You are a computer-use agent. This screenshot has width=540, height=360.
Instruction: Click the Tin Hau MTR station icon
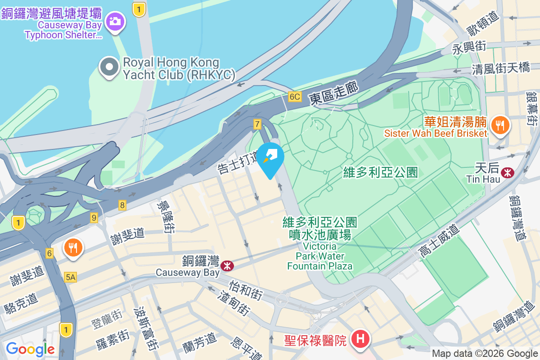pyautogui.click(x=508, y=172)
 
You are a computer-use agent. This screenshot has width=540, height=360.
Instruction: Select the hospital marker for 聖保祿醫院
pyautogui.click(x=361, y=339)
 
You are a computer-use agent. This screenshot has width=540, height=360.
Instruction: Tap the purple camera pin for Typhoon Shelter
pyautogui.click(x=115, y=21)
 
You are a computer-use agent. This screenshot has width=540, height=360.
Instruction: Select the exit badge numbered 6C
pyautogui.click(x=295, y=97)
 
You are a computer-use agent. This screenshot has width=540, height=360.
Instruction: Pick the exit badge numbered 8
pyautogui.click(x=122, y=205)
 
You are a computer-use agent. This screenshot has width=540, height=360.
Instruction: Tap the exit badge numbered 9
pyautogui.click(x=94, y=217)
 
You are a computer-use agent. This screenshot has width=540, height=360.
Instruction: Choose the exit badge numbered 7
pyautogui.click(x=257, y=124)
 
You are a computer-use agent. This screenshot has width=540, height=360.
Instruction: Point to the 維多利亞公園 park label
pyautogui.click(x=380, y=172)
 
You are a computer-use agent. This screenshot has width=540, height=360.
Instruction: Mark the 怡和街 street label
pyautogui.click(x=246, y=290)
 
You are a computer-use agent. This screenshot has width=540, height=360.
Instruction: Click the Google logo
pyautogui.click(x=30, y=349)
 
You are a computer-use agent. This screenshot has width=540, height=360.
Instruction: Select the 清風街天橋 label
pyautogui.click(x=505, y=68)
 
